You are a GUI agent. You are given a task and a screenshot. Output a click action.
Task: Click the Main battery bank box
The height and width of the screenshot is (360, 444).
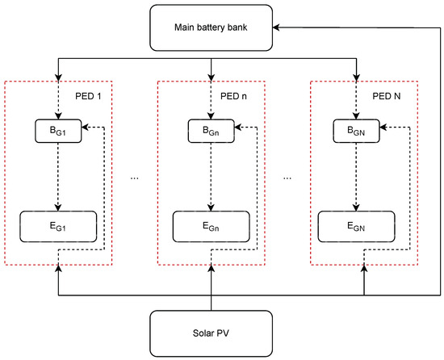212,27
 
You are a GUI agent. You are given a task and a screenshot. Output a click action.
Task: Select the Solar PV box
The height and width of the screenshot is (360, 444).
212,333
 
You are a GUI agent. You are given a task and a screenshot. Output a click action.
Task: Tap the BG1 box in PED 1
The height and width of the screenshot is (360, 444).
57,130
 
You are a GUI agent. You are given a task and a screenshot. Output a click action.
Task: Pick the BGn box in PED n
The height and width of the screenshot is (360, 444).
211,130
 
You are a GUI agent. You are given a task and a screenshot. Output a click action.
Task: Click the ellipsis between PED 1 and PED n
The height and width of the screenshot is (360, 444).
134,177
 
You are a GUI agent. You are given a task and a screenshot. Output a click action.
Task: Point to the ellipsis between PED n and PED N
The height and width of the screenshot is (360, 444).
288,177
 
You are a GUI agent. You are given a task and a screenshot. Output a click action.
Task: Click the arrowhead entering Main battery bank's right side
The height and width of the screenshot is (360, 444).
279,27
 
